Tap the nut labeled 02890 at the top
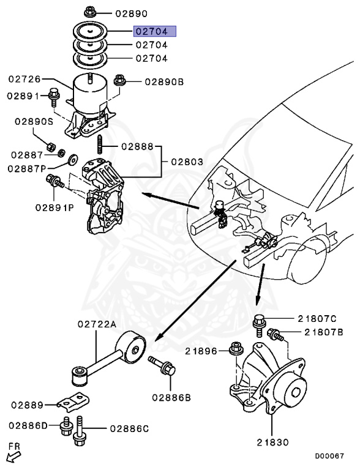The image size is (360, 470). (x=89, y=12)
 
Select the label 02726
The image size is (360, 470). (x=24, y=79)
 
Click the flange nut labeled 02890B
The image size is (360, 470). (x=120, y=81)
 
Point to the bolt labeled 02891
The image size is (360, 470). (x=54, y=97)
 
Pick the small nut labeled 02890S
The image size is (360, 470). (x=51, y=147)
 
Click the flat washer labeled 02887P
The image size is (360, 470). (x=73, y=160)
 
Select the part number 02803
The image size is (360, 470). (x=187, y=162)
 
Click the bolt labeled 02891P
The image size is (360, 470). (x=54, y=181)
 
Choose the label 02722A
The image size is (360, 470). (x=97, y=324)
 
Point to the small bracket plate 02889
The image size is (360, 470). (x=73, y=401)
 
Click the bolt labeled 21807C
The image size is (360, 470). (x=259, y=326)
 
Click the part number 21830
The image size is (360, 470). (x=272, y=442)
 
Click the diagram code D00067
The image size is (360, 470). (x=329, y=456)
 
